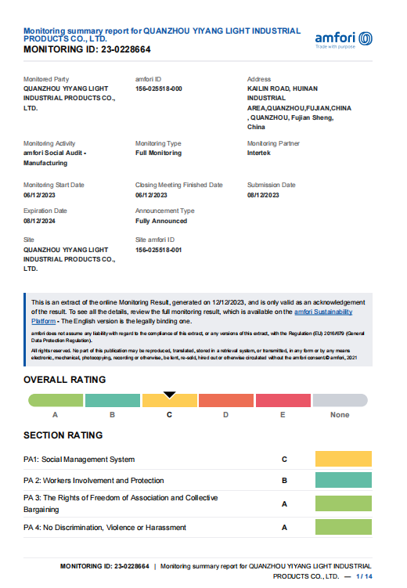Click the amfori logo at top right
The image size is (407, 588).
[343, 38]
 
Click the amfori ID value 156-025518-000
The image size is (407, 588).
[159, 88]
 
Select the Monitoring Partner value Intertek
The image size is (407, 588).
[261, 153]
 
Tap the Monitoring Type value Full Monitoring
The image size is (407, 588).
[158, 153]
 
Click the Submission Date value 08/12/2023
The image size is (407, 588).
[263, 194]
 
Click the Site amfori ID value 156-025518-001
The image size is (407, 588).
[159, 249]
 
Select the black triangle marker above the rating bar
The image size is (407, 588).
[169, 395]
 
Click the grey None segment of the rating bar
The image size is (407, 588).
[340, 401]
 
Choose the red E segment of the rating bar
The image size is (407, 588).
[283, 401]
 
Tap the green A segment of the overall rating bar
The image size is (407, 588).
[56, 401]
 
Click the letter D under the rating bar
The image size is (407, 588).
[226, 415]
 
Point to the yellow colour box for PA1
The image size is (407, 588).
[343, 459]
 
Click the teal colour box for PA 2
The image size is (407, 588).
[343, 481]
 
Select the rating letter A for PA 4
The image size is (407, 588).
[284, 528]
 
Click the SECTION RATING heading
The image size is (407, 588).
[63, 435]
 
